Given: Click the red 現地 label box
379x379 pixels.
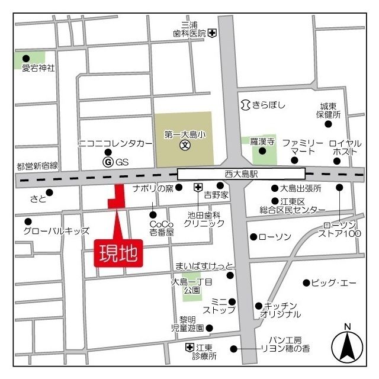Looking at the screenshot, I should pos(119,253).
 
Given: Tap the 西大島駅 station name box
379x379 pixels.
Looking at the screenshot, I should pos(241,174).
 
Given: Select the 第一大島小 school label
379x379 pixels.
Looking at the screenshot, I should pos(184,135).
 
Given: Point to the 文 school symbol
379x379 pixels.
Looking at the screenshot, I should pos(185,145).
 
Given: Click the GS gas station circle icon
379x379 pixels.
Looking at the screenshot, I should pos(108,162).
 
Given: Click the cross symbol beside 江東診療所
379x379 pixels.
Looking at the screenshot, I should pos(189,347).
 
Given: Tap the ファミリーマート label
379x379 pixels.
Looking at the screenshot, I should pos(303,147).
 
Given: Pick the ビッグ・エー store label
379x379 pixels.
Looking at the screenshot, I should pos(334,282).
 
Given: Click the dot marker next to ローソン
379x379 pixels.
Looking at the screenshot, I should pos(253,237).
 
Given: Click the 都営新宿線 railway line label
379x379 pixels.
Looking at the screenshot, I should pos(37,166).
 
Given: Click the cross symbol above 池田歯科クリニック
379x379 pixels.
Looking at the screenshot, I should pos(198,188).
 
